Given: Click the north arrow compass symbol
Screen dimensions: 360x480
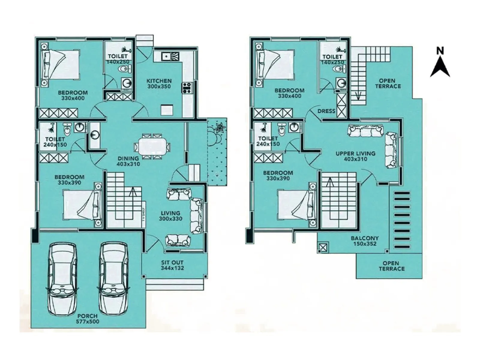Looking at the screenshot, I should [440, 64].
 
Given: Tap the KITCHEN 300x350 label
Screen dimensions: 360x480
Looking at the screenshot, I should [159, 84].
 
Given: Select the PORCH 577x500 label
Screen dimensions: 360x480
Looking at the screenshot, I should [88, 319].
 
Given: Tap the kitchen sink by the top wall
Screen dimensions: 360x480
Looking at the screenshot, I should [170, 56].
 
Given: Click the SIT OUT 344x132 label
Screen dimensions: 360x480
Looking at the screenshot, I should [172, 265].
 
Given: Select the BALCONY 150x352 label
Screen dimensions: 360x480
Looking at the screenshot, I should [364, 241].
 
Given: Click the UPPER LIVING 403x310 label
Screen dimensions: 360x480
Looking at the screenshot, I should [355, 156].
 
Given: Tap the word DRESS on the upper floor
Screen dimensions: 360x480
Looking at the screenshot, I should [326, 111].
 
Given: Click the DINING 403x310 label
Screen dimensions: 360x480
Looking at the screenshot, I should [128, 161].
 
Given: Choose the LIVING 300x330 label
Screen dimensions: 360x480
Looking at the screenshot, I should [170, 216].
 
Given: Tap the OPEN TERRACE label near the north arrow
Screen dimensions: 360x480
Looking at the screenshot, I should [387, 83].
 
